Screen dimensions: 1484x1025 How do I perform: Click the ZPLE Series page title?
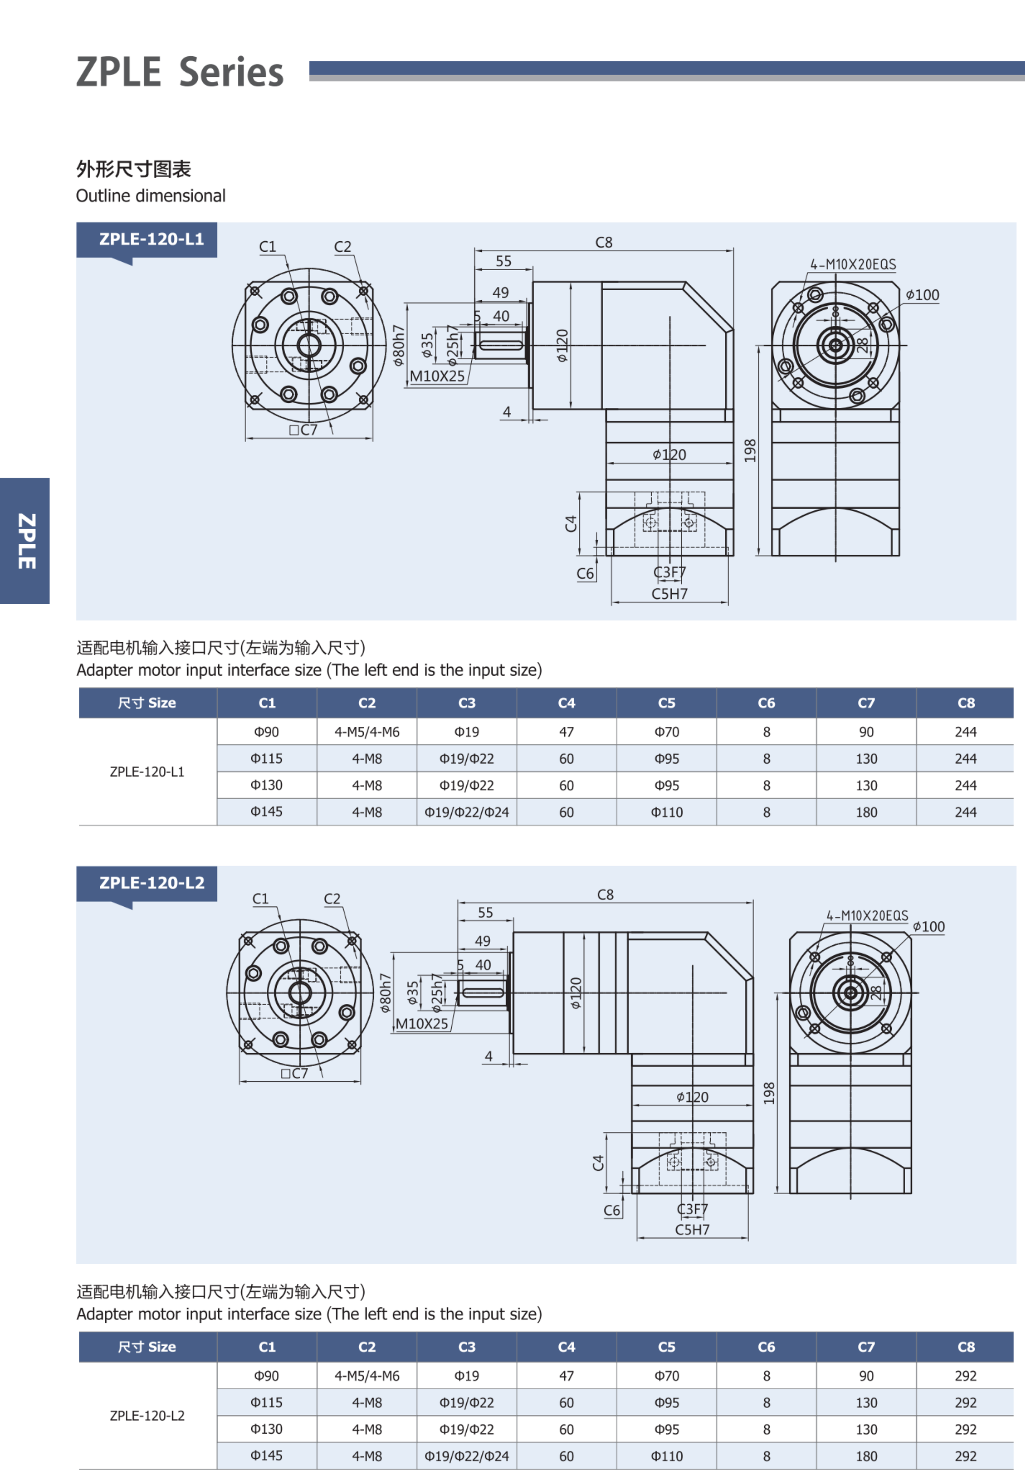[x=180, y=71]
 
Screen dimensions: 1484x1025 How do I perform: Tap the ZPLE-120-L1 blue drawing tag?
[x=151, y=239]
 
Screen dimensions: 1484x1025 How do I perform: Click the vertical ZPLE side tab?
[x=25, y=541]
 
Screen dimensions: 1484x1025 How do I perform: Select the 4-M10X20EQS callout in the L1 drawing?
[x=853, y=264]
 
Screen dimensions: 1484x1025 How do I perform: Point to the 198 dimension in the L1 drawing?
[x=750, y=450]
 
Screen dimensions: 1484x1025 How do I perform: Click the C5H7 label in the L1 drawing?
[x=669, y=594]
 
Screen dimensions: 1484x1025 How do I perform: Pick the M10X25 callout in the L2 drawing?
[x=421, y=1024]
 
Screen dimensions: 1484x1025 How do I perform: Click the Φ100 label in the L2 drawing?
[x=928, y=926]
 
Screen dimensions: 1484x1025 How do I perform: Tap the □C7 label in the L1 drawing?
[x=303, y=430]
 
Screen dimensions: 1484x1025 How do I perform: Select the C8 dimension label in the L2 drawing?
[x=605, y=894]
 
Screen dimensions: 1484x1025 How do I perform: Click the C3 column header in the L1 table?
[x=466, y=703]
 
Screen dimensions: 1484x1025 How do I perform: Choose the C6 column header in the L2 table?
[x=766, y=1347]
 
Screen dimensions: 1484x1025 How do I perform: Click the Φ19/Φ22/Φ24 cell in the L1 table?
[x=466, y=812]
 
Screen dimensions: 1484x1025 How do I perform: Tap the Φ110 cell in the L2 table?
[x=667, y=1456]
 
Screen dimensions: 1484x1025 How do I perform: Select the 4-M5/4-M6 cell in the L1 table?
[x=367, y=732]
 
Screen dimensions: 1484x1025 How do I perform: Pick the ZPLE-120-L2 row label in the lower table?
[x=147, y=1415]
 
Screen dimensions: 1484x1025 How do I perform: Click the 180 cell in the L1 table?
[x=866, y=812]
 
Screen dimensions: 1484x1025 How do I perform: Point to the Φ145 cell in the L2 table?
[x=266, y=1455]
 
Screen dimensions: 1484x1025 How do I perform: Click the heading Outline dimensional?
[x=151, y=195]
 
